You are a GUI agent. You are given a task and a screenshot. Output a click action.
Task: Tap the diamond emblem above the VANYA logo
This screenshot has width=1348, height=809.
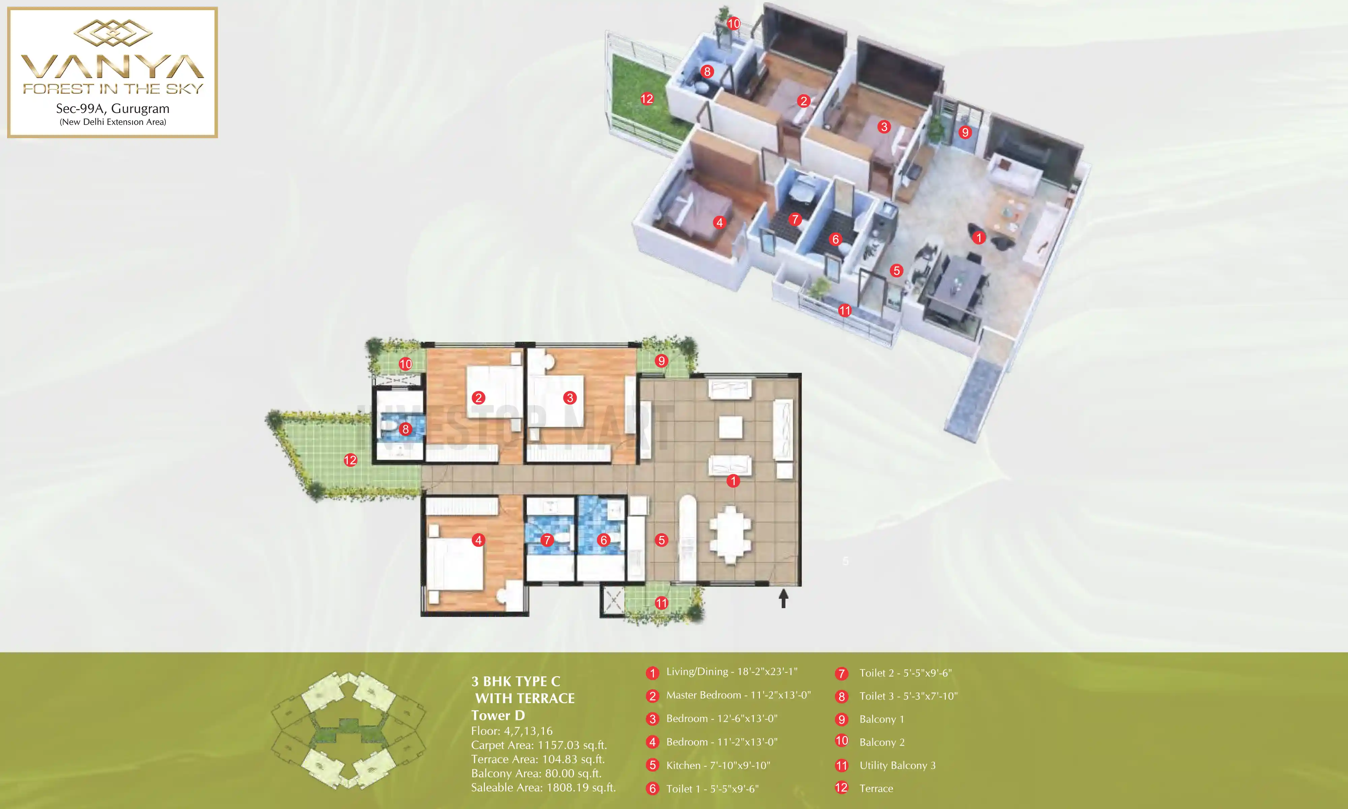point(113,33)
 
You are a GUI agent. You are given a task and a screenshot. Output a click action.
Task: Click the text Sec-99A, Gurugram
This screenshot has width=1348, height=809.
point(113,109)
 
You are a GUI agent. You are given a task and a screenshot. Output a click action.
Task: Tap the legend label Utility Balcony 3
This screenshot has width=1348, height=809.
point(897,766)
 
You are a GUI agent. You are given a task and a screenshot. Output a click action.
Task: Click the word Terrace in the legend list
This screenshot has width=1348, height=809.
point(876,788)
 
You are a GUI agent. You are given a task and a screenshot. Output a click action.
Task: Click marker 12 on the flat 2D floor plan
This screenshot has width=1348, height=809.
point(350,460)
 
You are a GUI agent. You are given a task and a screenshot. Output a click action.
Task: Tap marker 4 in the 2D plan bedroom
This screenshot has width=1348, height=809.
point(479,540)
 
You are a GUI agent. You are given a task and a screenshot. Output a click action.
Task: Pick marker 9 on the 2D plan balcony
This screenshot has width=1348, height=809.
point(662,360)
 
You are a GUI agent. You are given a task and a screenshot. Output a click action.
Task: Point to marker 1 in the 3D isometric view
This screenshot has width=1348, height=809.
point(979,238)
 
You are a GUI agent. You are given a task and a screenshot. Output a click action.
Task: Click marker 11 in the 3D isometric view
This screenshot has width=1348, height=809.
point(845,311)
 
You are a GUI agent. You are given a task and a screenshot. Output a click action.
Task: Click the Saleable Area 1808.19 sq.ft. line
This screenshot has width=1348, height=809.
point(543,788)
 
